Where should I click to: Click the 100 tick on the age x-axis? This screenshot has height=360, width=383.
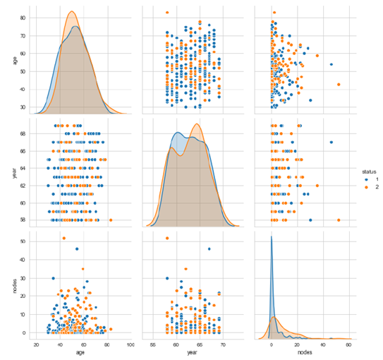point(130,344)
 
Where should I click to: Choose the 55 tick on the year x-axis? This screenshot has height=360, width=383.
point(153,344)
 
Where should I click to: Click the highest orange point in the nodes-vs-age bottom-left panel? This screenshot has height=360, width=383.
point(63,238)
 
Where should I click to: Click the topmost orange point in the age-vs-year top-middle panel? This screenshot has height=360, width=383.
point(167,13)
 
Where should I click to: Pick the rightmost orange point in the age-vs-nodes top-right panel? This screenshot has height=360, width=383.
point(339,85)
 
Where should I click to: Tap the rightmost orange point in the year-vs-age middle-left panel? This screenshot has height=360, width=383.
point(111,220)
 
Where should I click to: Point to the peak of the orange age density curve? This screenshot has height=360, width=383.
point(72,12)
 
